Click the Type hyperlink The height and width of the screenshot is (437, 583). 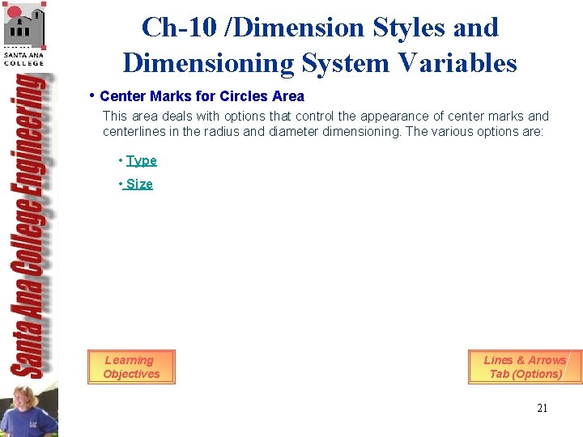(x=141, y=161)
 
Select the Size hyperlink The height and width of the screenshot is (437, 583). (x=138, y=185)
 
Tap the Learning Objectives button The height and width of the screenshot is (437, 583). (x=131, y=367)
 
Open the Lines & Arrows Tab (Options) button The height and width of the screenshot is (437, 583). (x=525, y=367)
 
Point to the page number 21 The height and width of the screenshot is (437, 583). (x=542, y=408)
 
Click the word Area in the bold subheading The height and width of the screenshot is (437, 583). (x=289, y=96)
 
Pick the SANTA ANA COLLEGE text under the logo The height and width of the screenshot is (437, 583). (x=23, y=58)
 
